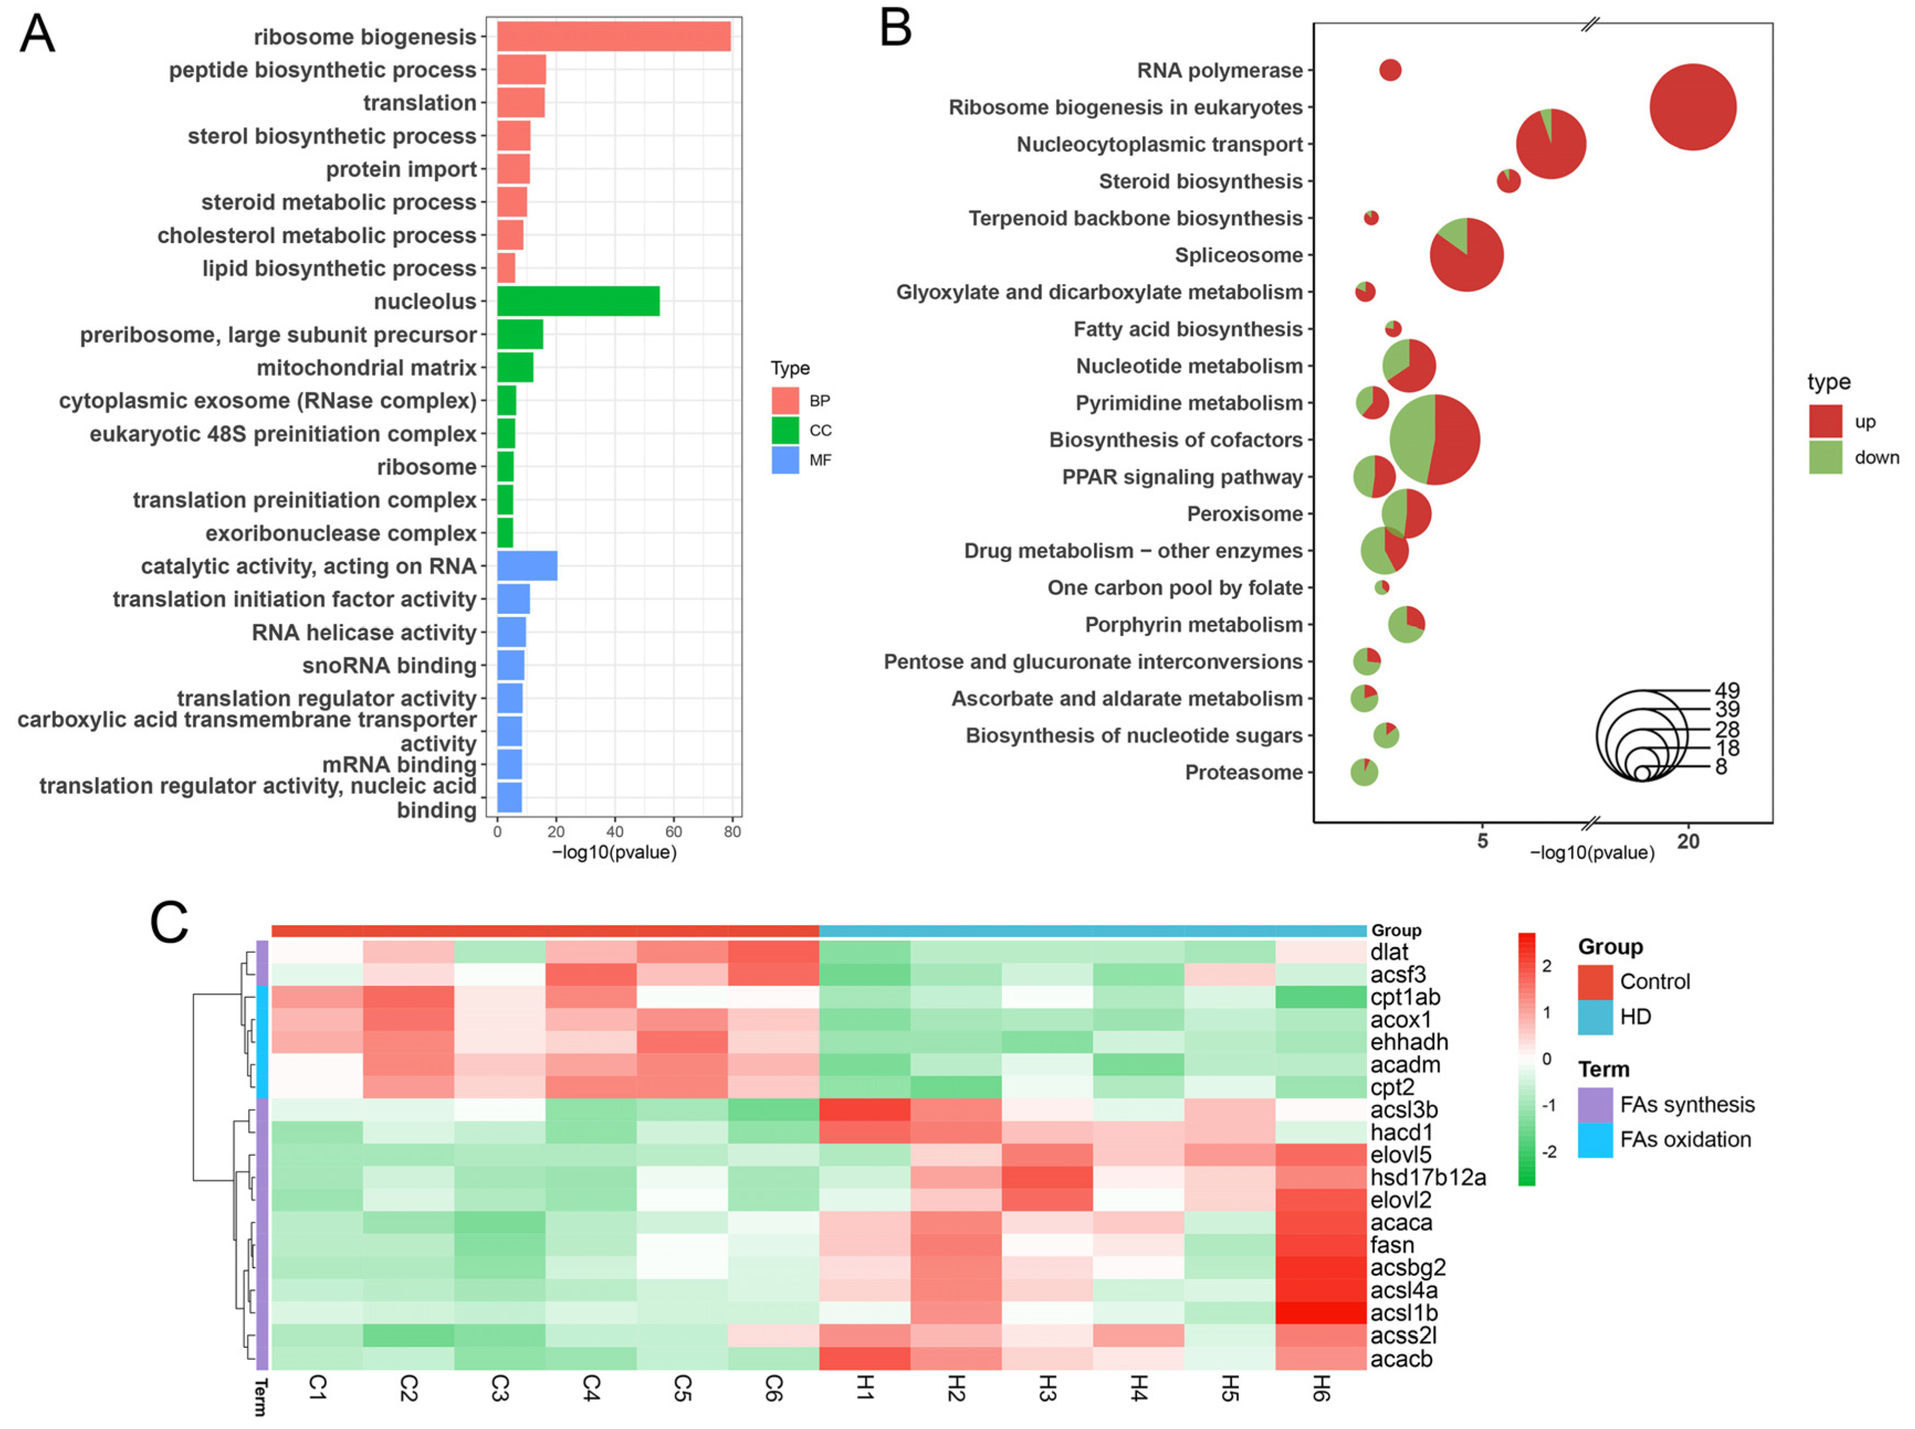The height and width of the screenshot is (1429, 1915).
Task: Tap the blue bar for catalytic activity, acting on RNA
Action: click(x=526, y=566)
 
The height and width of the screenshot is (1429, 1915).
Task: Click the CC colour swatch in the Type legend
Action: click(x=785, y=430)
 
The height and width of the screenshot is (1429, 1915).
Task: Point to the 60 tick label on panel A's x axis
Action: click(x=673, y=831)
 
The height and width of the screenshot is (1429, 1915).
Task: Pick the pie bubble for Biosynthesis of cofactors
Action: click(x=1434, y=439)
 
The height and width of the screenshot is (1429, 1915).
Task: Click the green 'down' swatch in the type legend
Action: click(x=1825, y=458)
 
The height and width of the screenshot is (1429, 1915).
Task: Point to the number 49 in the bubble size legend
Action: click(x=1727, y=690)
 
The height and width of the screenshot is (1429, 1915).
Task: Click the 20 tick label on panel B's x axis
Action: click(x=1687, y=841)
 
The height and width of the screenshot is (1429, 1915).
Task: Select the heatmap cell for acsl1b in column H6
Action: click(x=1320, y=1312)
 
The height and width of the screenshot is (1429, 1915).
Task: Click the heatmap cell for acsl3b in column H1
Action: click(x=864, y=1110)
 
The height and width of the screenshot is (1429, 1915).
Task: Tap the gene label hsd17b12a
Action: click(x=1427, y=1177)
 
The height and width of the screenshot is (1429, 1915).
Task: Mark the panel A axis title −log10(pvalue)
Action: click(x=614, y=853)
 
